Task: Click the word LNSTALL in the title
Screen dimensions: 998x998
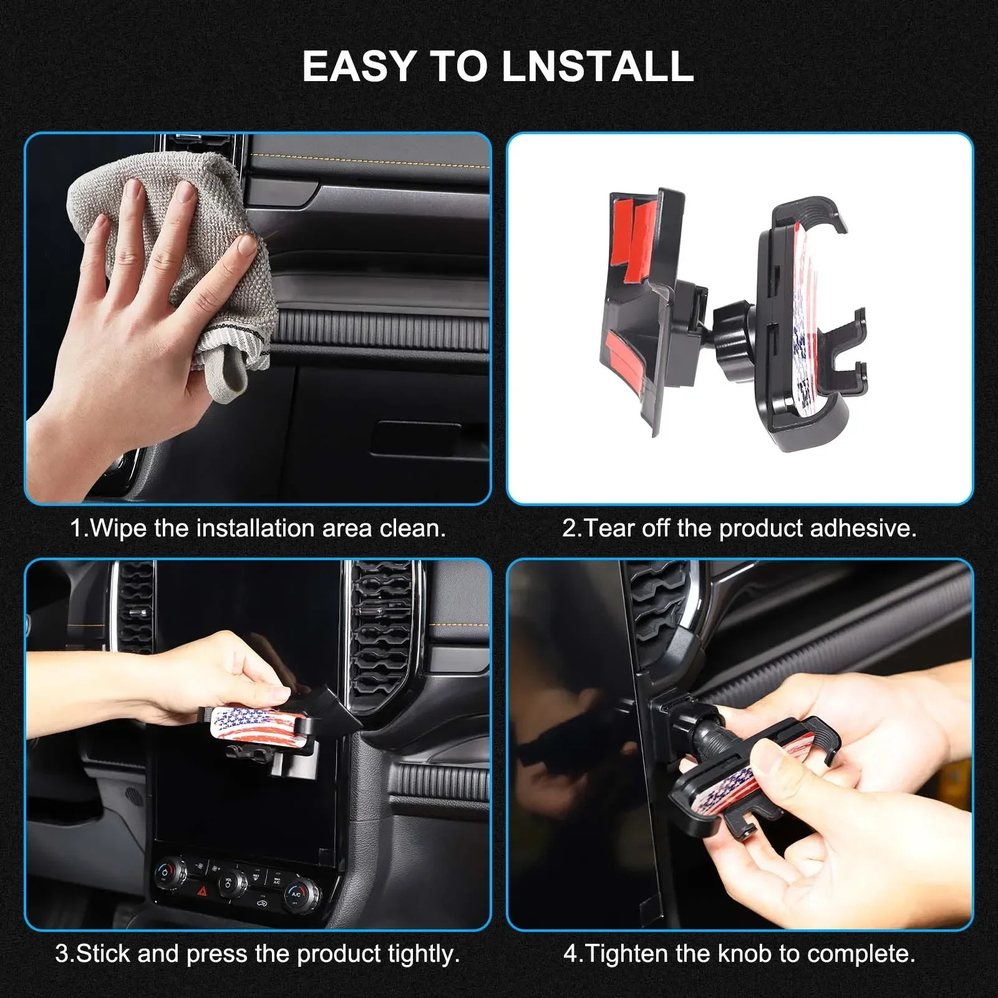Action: pos(598,66)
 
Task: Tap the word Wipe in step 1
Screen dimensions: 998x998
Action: pos(119,528)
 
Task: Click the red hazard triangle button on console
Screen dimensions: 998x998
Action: pos(203,892)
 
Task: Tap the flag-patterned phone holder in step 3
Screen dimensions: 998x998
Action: pos(256,727)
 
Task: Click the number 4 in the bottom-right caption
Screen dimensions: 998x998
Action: pos(569,954)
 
